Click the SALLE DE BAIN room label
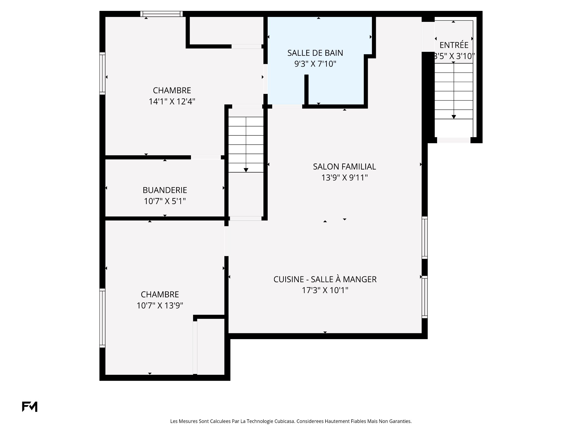click(315, 53)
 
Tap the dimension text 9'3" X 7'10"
click(315, 64)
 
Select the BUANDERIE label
click(165, 190)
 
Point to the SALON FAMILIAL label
click(344, 167)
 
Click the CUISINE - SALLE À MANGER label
click(325, 279)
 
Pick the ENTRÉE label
click(454, 45)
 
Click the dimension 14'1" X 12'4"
click(172, 101)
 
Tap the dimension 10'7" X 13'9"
click(160, 306)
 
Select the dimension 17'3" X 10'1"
click(325, 290)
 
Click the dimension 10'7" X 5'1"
click(165, 201)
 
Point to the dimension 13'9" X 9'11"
click(344, 177)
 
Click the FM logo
click(30, 407)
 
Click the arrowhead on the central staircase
click(246, 170)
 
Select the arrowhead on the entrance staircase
click(454, 117)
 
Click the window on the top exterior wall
click(162, 14)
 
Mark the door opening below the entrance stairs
click(454, 140)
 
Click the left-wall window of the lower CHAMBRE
click(102, 318)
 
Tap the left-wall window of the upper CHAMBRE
click(102, 73)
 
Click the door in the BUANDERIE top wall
click(206, 157)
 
